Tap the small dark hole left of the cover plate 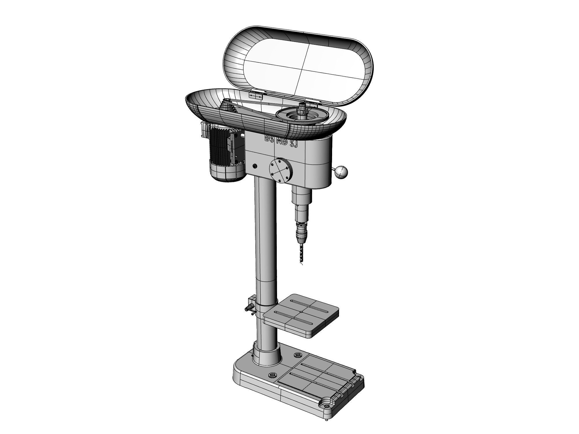coord(255,166)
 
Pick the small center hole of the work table coord(301,312)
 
